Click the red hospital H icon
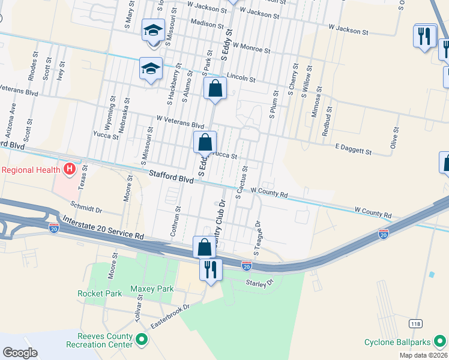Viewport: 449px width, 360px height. pos(69,169)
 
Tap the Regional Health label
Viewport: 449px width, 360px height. pos(31,169)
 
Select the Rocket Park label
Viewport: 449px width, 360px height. pos(100,293)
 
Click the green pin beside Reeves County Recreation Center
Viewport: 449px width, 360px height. pos(142,341)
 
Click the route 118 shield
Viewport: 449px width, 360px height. pos(415,323)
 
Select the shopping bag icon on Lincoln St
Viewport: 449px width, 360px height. pos(215,89)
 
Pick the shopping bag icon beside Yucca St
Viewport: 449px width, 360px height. pos(205,143)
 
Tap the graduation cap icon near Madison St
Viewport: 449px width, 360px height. pos(153,30)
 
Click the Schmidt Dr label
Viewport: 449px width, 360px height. pos(86,206)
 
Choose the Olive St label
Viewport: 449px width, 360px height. pos(394,137)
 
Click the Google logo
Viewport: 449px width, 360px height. pos(20,352)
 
